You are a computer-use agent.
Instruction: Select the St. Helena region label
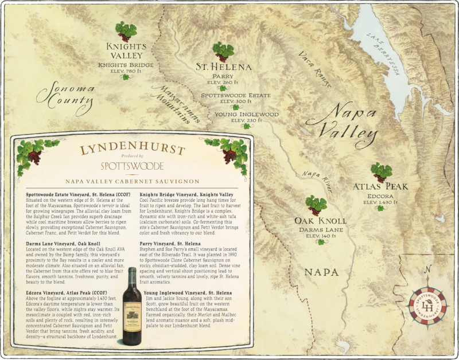point(223,67)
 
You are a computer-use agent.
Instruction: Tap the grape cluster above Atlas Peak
point(380,171)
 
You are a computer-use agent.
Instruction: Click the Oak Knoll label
point(320,221)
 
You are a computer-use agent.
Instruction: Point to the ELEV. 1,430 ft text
point(379,202)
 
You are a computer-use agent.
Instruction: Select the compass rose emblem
point(427,304)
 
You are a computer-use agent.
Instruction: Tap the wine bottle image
point(132,306)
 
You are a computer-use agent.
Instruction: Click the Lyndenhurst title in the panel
point(133,150)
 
